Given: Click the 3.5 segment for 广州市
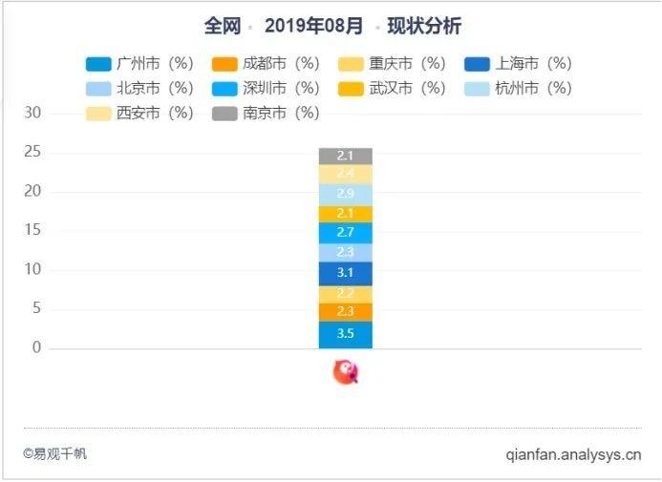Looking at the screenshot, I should point(345,334).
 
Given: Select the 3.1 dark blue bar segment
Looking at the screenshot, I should point(345,273).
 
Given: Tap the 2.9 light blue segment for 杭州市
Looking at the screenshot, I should point(345,194).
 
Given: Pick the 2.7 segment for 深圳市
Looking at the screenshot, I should point(345,232).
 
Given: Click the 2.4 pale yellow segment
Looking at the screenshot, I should point(345,174).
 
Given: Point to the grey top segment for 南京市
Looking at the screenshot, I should point(345,156).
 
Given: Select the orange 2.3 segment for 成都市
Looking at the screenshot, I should point(345,311).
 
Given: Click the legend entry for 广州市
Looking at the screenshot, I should point(138,64).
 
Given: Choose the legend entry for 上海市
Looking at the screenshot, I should point(517,64).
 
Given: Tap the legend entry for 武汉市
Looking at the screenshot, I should point(391,89).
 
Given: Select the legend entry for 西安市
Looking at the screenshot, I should point(138,114).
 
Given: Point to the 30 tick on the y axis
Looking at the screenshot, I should point(33,114).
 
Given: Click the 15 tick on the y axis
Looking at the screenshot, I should point(33,230).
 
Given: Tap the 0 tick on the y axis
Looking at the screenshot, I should point(37,347).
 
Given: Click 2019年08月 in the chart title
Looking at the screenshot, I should point(313,26).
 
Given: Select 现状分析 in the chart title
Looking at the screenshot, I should point(424,26).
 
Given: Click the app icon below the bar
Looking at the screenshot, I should point(345,372).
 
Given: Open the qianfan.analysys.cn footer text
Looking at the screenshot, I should point(573,454).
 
